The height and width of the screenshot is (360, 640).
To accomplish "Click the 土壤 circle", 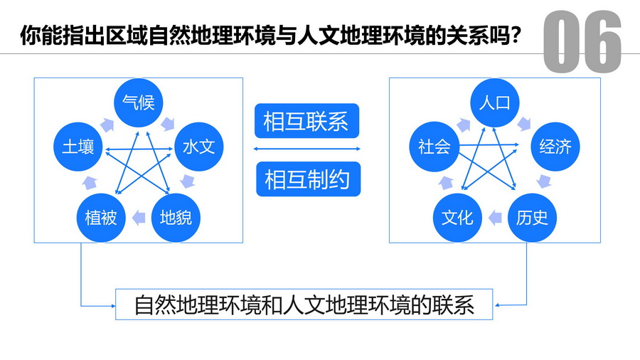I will coord(78,147).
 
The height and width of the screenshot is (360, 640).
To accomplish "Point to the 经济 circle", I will coord(555,147).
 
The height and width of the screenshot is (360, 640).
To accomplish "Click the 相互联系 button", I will coord(306,122).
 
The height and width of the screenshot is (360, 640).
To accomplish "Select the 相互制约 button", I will coord(307,180).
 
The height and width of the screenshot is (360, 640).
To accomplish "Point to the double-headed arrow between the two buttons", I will coord(306,149).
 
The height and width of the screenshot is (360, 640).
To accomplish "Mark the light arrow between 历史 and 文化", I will coord(494,217).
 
